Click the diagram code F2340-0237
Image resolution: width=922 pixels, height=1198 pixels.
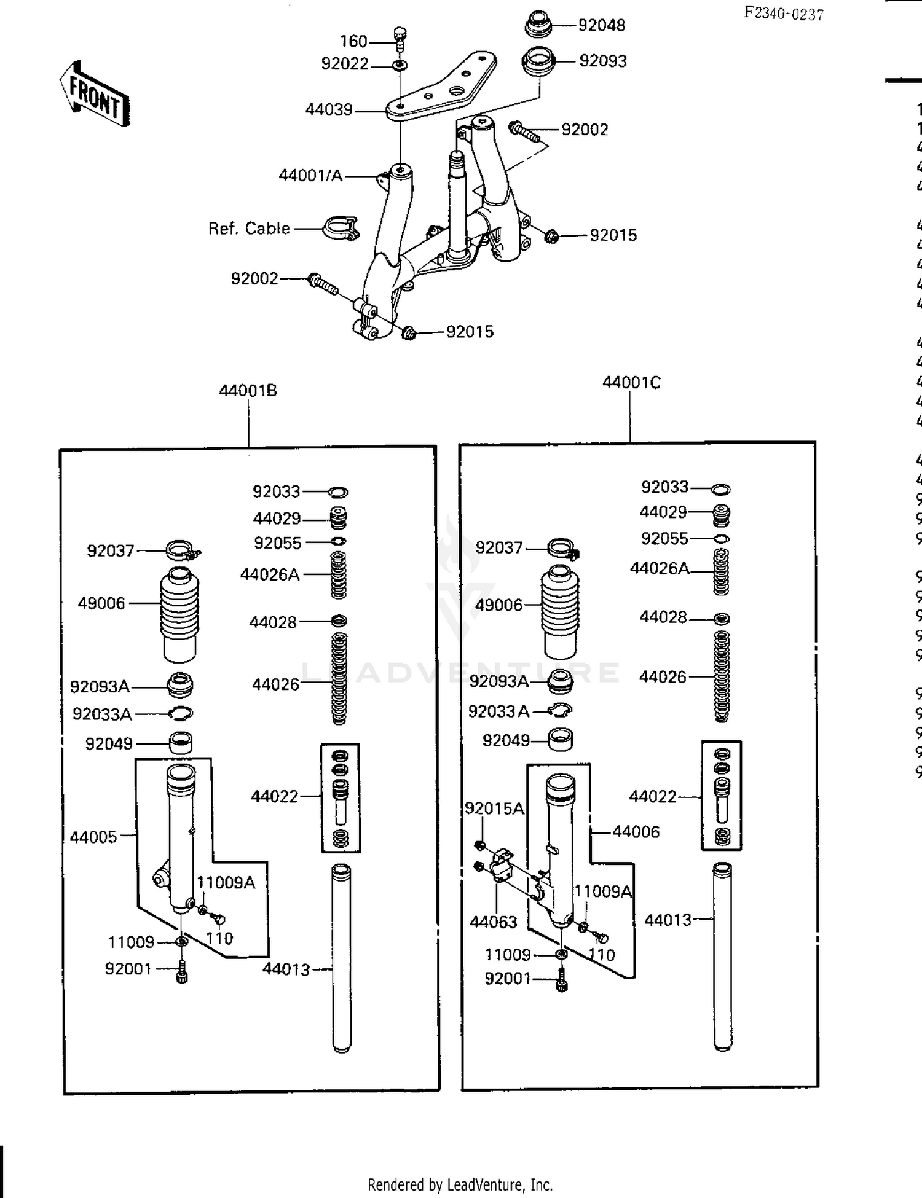click(x=783, y=13)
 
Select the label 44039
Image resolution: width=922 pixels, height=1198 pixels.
click(x=329, y=110)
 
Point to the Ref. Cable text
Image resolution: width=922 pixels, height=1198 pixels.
click(x=249, y=229)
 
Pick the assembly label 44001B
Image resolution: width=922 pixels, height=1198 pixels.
click(x=248, y=391)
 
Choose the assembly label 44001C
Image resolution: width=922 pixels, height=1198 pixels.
click(x=631, y=383)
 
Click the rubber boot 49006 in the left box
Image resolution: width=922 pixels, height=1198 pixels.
click(x=180, y=614)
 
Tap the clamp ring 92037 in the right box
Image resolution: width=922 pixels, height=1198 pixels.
click(x=562, y=547)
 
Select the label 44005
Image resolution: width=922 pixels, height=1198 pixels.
click(x=93, y=837)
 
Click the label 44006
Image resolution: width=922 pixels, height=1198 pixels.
click(x=636, y=832)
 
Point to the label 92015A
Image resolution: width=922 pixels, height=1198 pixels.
click(x=494, y=808)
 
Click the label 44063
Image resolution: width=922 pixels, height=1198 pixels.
click(x=494, y=922)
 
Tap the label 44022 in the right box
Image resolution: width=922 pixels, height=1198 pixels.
click(x=652, y=797)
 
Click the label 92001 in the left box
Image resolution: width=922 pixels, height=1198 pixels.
click(x=128, y=969)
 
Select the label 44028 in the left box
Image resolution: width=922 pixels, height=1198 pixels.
click(x=272, y=622)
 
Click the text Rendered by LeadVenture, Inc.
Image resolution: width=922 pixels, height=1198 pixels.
click(x=460, y=1184)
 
